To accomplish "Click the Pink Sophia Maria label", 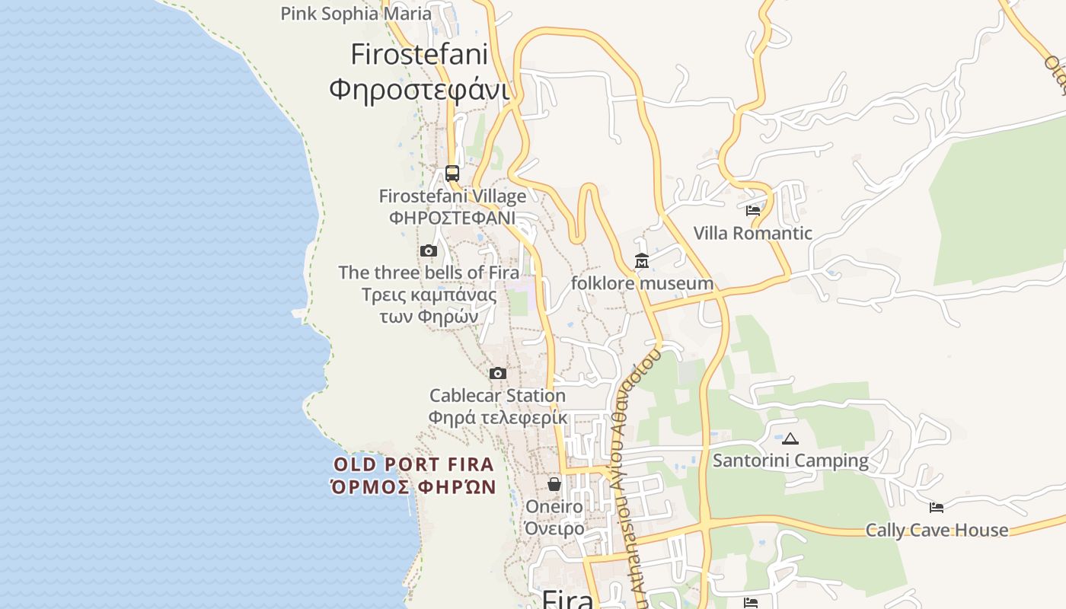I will coord(356,14).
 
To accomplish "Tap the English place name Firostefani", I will coord(419,55).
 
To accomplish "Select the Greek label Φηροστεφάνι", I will coord(419,89).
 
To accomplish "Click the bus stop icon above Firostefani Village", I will coord(452,173).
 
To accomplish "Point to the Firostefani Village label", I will coord(452,196).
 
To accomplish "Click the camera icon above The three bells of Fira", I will coord(429,250).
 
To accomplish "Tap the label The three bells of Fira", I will coord(429,273).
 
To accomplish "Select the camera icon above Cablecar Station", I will coord(498,373).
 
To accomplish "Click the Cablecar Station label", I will coord(497,396).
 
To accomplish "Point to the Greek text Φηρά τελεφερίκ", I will coord(497,417).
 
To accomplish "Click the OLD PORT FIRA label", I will coord(413,464).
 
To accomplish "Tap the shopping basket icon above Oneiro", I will coord(554,484).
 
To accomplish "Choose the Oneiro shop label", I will coord(554,507).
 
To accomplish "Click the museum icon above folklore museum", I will coord(642,261).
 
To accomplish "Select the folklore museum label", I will coord(642,284).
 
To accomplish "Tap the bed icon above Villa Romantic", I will coord(753,210).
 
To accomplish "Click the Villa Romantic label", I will coord(753,233).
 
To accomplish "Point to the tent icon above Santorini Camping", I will coord(790,438).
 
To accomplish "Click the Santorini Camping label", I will coord(790,461).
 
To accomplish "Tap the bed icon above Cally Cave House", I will coord(937,507).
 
